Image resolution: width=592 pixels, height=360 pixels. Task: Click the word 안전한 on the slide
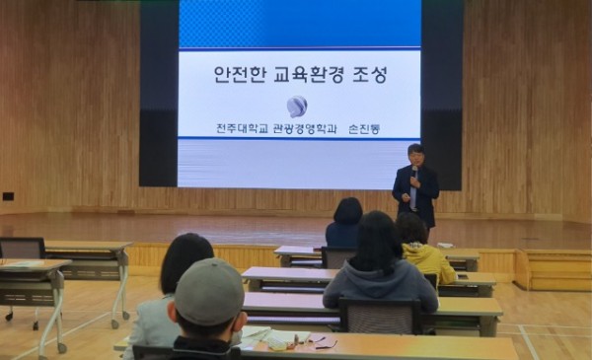click(235, 75)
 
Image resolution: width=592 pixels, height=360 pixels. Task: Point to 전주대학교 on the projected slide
click(241, 129)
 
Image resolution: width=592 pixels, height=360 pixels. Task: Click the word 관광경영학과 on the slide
click(307, 129)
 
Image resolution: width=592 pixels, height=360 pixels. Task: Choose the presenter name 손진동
click(364, 129)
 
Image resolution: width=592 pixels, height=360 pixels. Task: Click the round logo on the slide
click(296, 106)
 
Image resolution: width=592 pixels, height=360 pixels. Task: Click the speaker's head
click(415, 155)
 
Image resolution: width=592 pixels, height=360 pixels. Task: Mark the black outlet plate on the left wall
click(8, 195)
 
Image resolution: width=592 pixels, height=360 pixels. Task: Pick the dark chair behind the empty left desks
click(21, 248)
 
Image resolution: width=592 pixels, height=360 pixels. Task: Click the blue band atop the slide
click(299, 25)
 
